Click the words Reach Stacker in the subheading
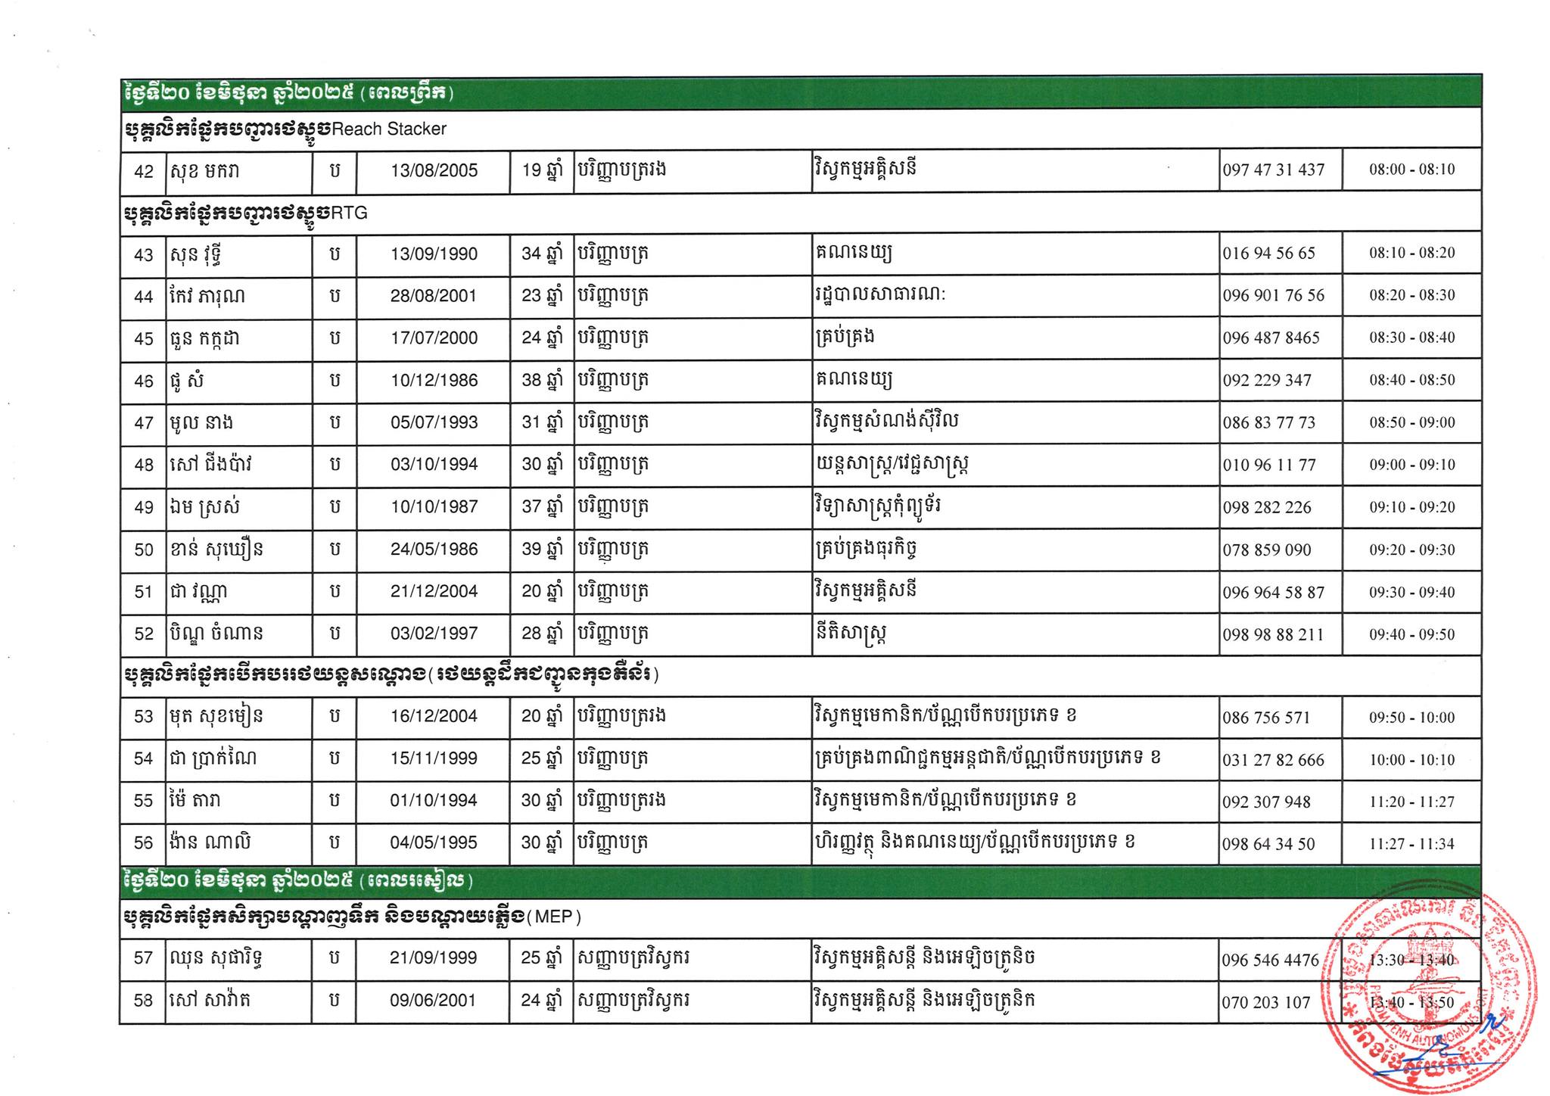click(389, 129)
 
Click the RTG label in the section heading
click(349, 213)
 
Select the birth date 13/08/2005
click(434, 170)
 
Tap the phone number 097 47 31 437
click(1274, 170)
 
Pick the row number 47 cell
click(143, 423)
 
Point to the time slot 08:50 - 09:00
click(1411, 422)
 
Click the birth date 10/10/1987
click(434, 507)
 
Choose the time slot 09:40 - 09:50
click(1411, 634)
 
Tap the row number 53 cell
click(143, 717)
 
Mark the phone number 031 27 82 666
click(1273, 760)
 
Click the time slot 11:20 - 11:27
click(1411, 802)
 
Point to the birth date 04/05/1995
click(434, 843)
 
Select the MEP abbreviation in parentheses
click(558, 917)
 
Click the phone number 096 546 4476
click(1270, 960)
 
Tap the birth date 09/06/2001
click(434, 1001)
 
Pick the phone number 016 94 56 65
click(1268, 254)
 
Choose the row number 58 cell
click(143, 1001)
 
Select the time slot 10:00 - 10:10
click(1411, 760)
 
